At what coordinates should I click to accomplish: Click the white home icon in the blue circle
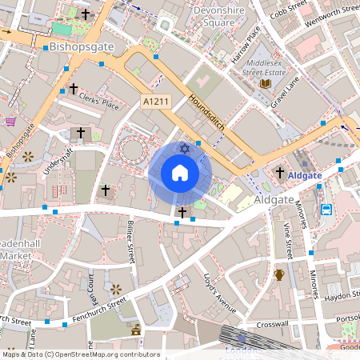[x=179, y=173]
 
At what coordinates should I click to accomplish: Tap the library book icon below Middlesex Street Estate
[x=266, y=82]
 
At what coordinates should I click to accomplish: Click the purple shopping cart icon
[x=11, y=122]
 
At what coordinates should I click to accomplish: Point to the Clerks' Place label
[x=99, y=101]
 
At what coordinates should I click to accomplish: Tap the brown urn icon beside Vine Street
[x=278, y=275]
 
